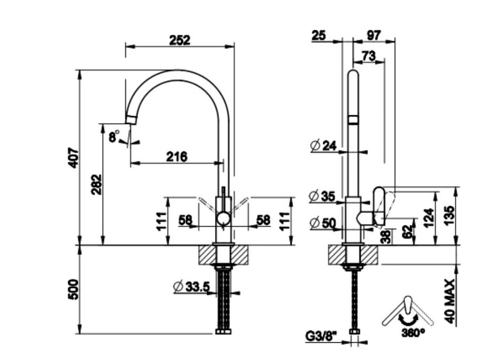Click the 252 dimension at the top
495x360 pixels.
tap(180, 39)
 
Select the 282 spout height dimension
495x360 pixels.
tap(96, 184)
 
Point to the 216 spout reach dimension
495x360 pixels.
tap(177, 156)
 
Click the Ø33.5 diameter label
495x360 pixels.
tap(192, 286)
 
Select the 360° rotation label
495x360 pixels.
tap(413, 333)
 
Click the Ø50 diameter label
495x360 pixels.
tap(323, 223)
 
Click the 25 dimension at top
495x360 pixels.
tap(319, 35)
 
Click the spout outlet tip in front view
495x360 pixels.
tap(131, 118)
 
